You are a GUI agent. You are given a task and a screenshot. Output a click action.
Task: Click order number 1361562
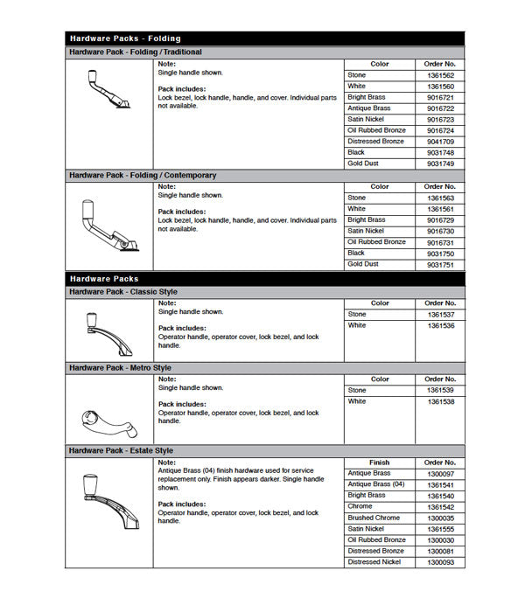pos(439,76)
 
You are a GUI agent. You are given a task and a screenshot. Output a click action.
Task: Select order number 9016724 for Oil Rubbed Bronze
pos(439,130)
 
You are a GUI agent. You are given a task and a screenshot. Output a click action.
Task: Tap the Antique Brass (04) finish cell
pos(376,484)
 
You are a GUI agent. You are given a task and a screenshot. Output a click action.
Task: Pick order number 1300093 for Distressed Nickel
pos(439,562)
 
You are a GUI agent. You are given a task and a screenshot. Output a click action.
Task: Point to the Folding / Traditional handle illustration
pos(108,91)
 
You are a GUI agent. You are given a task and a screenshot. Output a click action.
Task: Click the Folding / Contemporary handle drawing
pos(109,226)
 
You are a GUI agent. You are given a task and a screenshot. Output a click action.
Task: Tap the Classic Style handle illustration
pos(108,329)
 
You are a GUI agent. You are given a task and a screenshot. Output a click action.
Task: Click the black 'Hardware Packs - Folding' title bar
pos(264,38)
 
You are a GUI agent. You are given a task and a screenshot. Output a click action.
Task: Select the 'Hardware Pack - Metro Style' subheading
pos(121,368)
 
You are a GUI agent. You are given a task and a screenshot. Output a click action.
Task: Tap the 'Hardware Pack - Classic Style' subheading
pos(123,291)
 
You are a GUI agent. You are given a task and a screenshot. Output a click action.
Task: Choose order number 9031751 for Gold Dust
pos(439,264)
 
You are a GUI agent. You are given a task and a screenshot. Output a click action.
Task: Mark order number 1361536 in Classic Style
pos(439,325)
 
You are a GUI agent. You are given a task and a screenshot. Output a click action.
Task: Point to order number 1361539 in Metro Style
pos(439,390)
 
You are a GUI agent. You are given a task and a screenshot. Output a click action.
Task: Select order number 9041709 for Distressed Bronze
pos(439,142)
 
